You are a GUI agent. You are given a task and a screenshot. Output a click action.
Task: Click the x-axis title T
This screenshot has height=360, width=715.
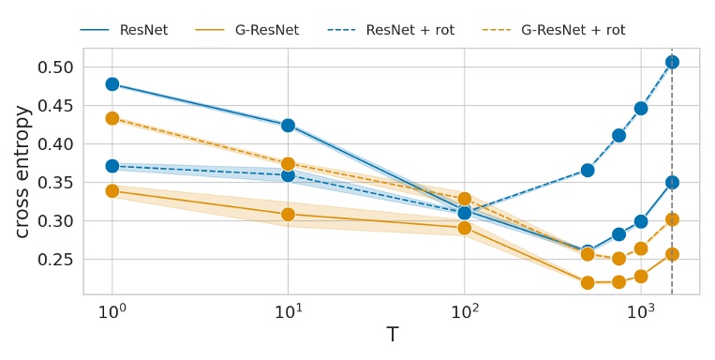[392, 336]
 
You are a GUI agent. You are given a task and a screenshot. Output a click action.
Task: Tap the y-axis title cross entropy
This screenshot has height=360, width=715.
[22, 171]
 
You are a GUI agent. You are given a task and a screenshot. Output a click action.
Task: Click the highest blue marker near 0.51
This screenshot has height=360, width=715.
[672, 62]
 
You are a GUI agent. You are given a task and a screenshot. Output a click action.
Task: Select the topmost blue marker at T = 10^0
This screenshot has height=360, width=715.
[112, 84]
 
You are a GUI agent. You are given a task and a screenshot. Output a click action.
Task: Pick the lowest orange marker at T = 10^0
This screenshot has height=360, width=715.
[112, 191]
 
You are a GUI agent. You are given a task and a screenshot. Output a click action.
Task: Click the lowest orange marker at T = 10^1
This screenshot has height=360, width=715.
[289, 215]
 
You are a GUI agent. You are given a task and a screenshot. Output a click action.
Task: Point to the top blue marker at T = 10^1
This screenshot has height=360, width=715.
[289, 126]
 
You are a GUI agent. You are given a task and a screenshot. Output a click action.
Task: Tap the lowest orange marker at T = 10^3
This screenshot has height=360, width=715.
[641, 277]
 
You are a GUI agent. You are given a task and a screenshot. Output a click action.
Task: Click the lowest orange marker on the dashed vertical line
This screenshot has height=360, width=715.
[672, 254]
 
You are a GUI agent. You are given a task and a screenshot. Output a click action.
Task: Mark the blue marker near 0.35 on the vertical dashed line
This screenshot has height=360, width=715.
[672, 183]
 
